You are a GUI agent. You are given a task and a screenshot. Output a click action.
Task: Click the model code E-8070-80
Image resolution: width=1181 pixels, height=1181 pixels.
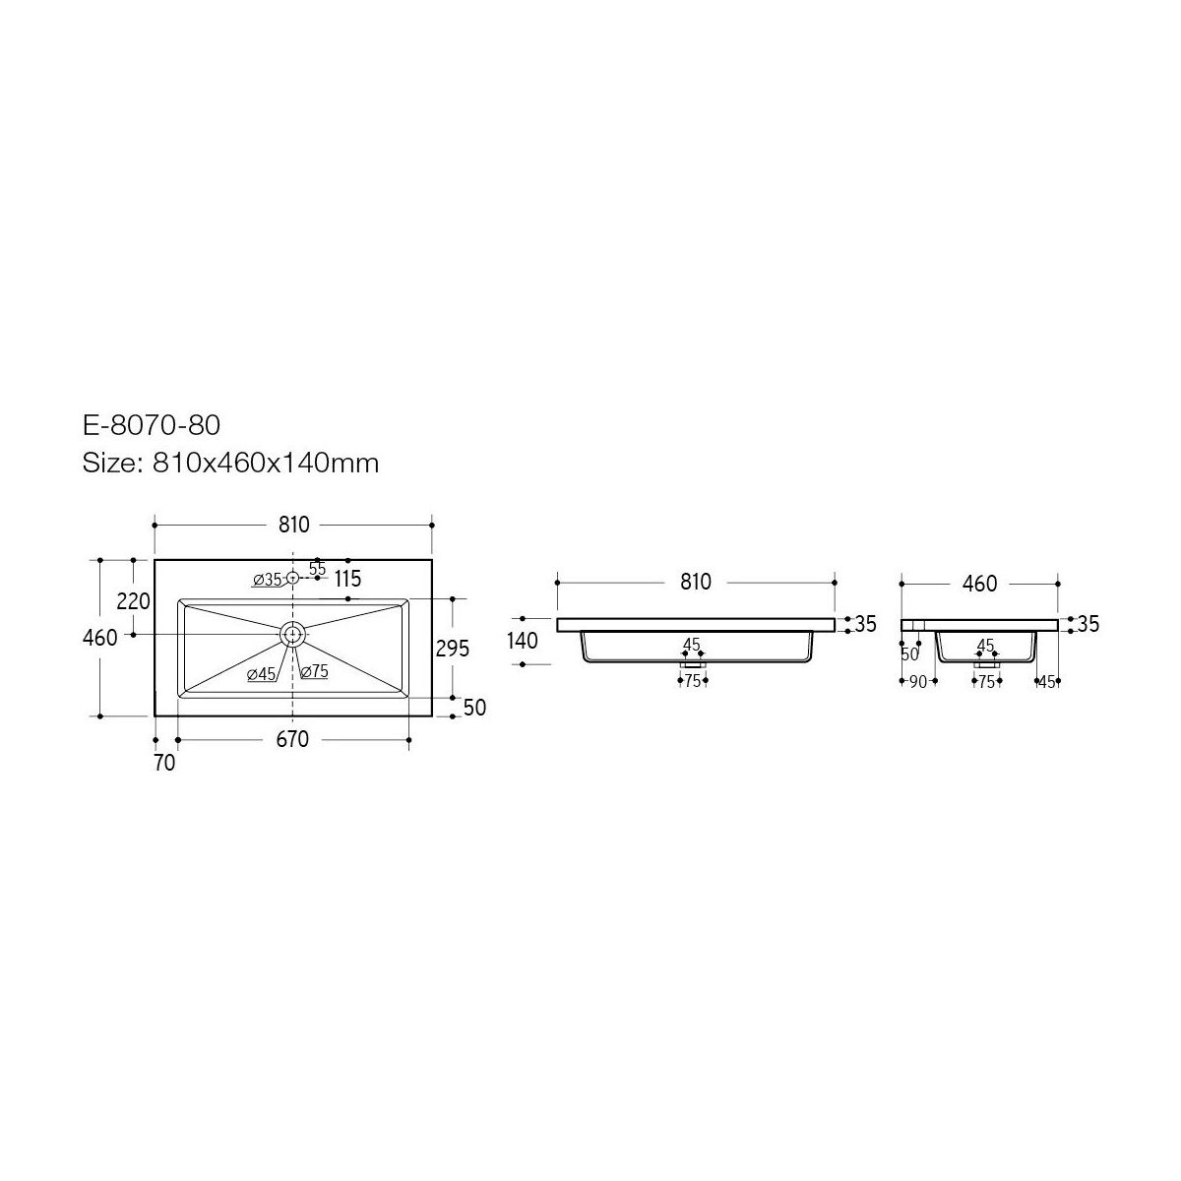point(152,425)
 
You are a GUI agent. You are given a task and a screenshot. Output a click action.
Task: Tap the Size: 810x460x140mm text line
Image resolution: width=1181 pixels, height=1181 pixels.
point(230,463)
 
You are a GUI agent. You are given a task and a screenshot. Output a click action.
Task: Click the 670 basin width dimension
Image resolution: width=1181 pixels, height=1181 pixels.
point(292,740)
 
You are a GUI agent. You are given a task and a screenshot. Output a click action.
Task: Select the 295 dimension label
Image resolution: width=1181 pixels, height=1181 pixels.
point(453,648)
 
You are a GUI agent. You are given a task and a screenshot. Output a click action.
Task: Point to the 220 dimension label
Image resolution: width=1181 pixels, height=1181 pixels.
point(133,601)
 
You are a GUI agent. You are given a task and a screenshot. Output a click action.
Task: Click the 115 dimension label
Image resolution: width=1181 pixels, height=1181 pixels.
point(347,579)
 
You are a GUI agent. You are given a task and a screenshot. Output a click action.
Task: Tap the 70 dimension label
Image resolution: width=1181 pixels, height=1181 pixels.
point(164,763)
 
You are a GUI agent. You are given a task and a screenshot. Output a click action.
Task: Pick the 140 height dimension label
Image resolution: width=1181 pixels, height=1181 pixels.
point(523,641)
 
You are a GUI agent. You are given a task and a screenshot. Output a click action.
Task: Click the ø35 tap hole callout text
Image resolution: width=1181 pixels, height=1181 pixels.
point(267,579)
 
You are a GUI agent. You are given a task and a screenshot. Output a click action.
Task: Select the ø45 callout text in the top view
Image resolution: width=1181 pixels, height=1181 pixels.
point(261,674)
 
